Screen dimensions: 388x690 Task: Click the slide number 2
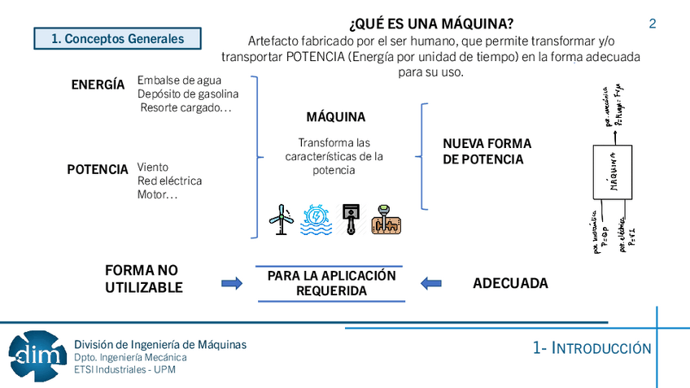click(x=653, y=24)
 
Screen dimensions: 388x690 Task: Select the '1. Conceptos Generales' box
click(x=117, y=38)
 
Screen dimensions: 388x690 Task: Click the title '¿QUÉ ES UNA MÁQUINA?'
click(x=430, y=24)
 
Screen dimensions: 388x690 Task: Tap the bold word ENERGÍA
click(x=98, y=85)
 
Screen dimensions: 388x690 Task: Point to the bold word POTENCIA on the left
click(x=98, y=169)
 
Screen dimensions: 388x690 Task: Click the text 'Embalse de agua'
click(x=179, y=80)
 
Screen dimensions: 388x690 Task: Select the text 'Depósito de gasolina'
click(x=188, y=94)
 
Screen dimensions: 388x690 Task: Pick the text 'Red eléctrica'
click(x=169, y=181)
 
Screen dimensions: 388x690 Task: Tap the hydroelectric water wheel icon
click(x=317, y=219)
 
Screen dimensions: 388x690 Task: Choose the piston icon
click(x=351, y=219)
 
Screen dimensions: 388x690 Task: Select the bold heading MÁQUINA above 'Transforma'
click(x=335, y=116)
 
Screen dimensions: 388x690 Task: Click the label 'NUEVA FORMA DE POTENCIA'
click(x=487, y=151)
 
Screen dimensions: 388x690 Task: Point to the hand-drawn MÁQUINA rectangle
click(x=612, y=172)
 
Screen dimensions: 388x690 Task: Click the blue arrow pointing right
click(x=232, y=284)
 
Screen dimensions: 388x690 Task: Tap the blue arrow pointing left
click(x=431, y=284)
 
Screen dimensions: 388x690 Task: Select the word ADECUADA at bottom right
click(x=510, y=284)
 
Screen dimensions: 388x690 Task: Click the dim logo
click(x=37, y=355)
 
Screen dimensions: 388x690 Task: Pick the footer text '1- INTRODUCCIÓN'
click(x=592, y=348)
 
